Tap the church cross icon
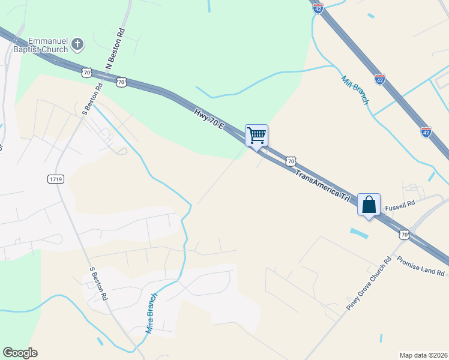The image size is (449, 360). tap(77, 44)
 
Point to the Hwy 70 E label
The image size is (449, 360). tap(209, 119)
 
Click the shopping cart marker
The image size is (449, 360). tap(256, 135)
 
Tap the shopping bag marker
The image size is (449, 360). tap(369, 205)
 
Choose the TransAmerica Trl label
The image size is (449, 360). tap(322, 185)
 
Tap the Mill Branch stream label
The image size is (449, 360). tap(354, 91)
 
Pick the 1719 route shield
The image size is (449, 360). tap(55, 179)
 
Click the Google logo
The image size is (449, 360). tap(20, 353)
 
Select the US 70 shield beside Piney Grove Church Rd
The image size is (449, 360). tap(404, 235)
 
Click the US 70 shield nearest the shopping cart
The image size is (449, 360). tap(291, 161)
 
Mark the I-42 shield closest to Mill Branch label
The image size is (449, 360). tap(379, 79)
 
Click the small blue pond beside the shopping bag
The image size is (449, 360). tap(358, 232)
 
